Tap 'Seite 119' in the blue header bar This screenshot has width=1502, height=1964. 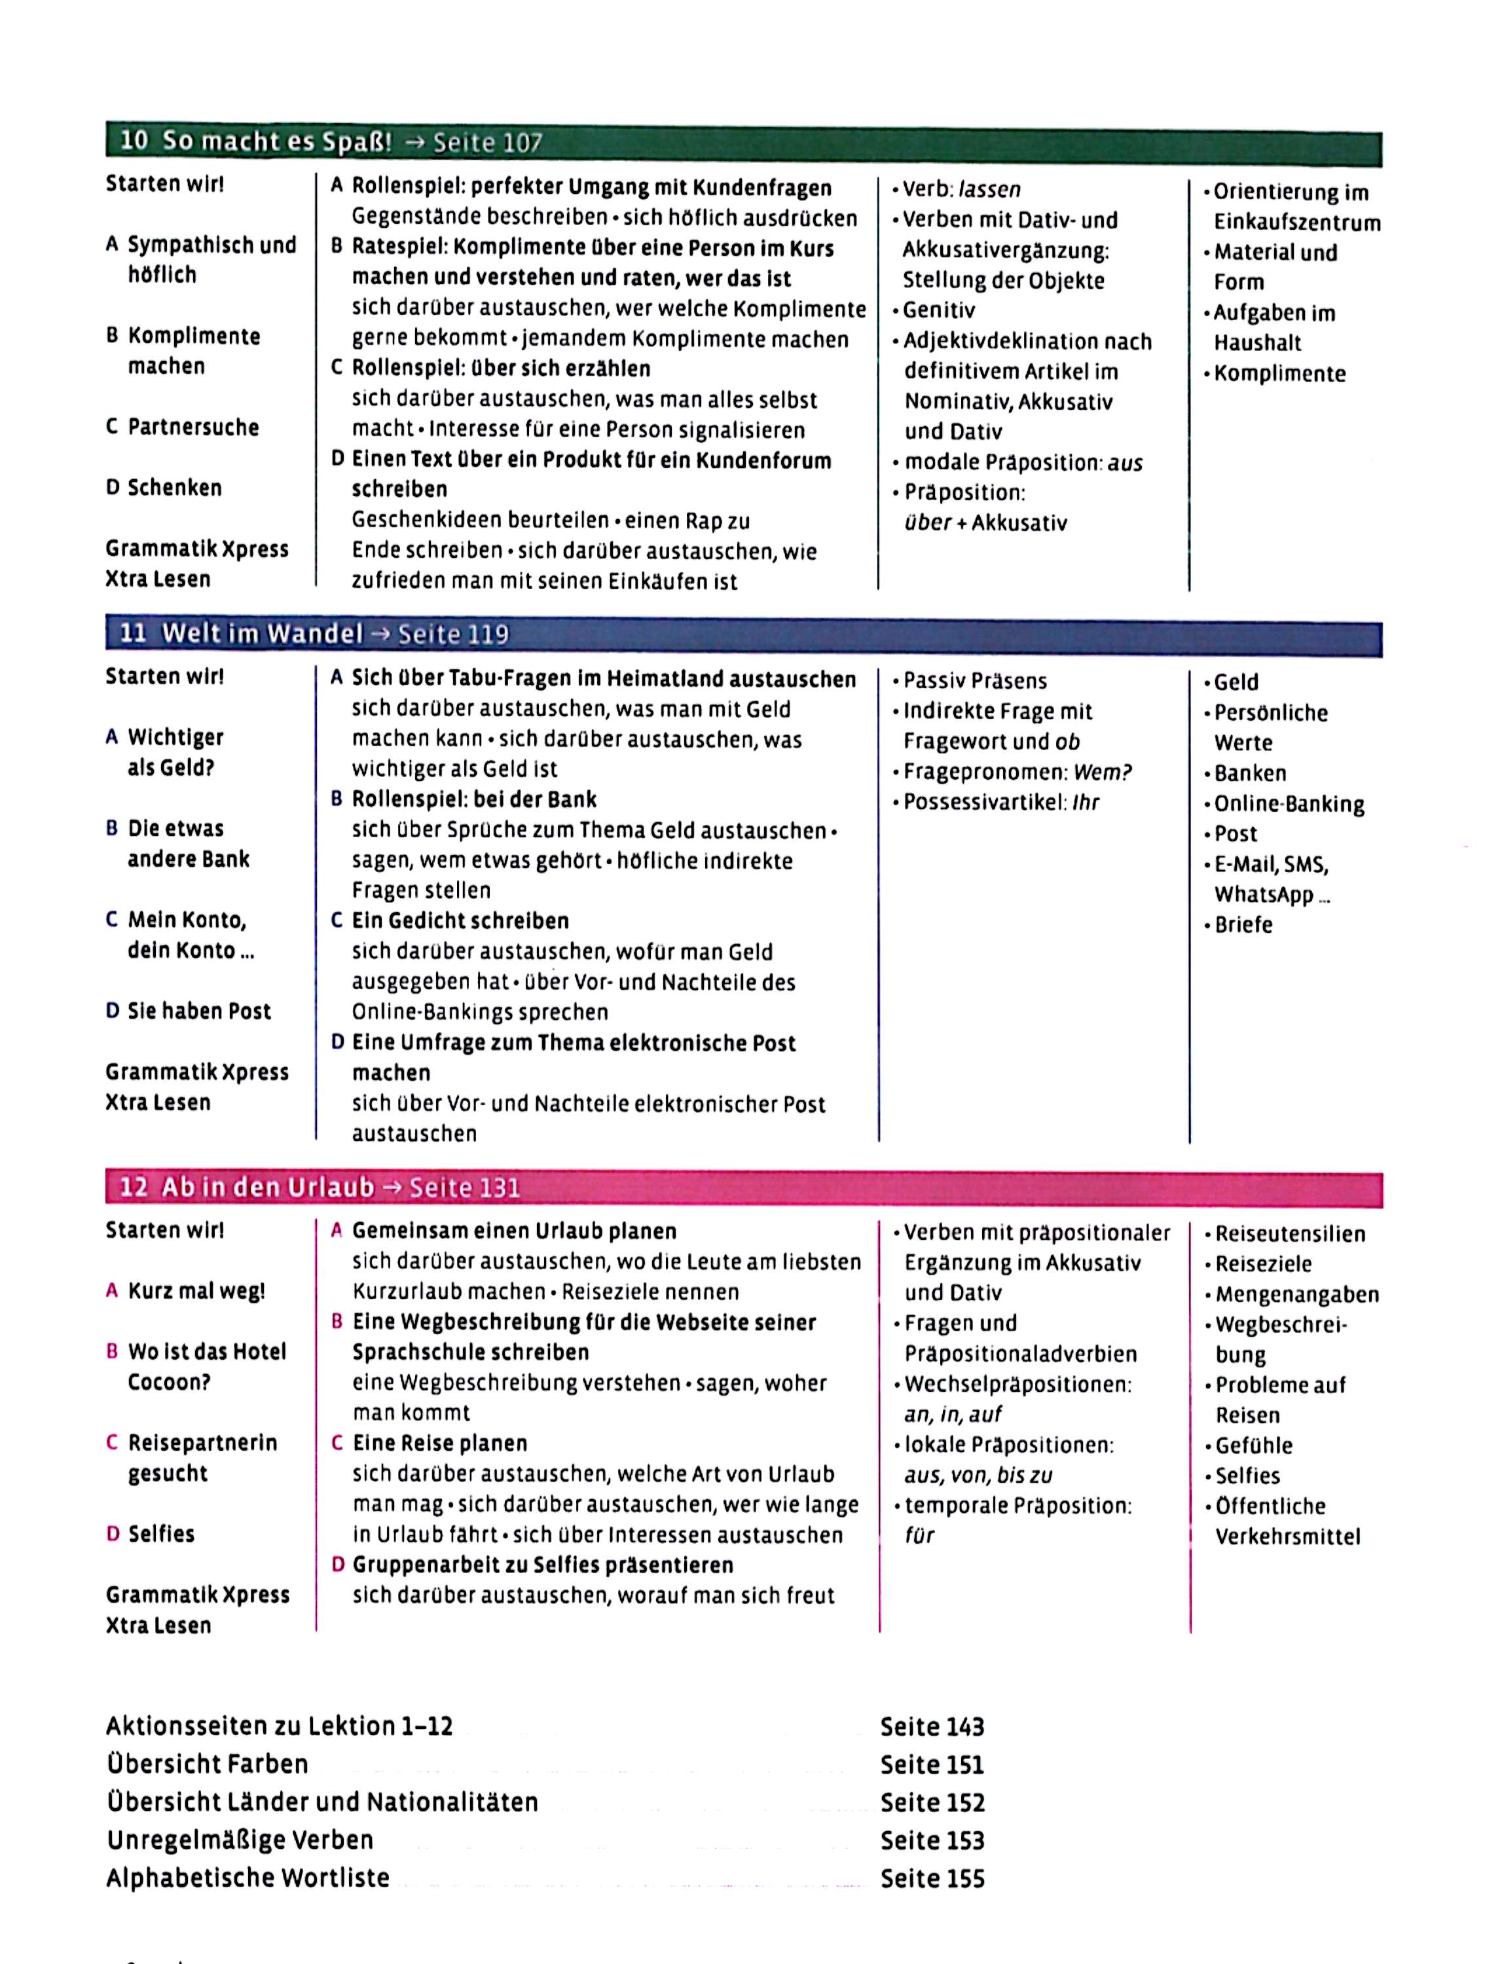click(x=453, y=634)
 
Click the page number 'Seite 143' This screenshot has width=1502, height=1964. click(x=932, y=1726)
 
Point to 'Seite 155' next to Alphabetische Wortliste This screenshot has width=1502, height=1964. click(x=932, y=1878)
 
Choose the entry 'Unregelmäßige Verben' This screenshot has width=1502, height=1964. click(x=240, y=1840)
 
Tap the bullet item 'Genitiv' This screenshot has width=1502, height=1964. click(x=939, y=310)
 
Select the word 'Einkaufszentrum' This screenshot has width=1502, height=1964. click(x=1296, y=223)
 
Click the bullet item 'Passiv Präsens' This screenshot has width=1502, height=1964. click(x=974, y=682)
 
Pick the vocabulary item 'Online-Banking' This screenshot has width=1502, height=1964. click(x=1289, y=805)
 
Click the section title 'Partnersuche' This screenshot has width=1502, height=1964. click(x=193, y=427)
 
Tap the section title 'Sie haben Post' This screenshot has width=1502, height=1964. click(x=198, y=1011)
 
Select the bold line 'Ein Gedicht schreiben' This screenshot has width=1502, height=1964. click(x=460, y=920)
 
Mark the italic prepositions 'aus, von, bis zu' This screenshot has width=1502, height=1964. click(x=978, y=1475)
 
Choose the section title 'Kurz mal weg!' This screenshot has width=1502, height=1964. click(x=196, y=1291)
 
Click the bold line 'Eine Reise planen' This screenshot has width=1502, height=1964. click(x=440, y=1443)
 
